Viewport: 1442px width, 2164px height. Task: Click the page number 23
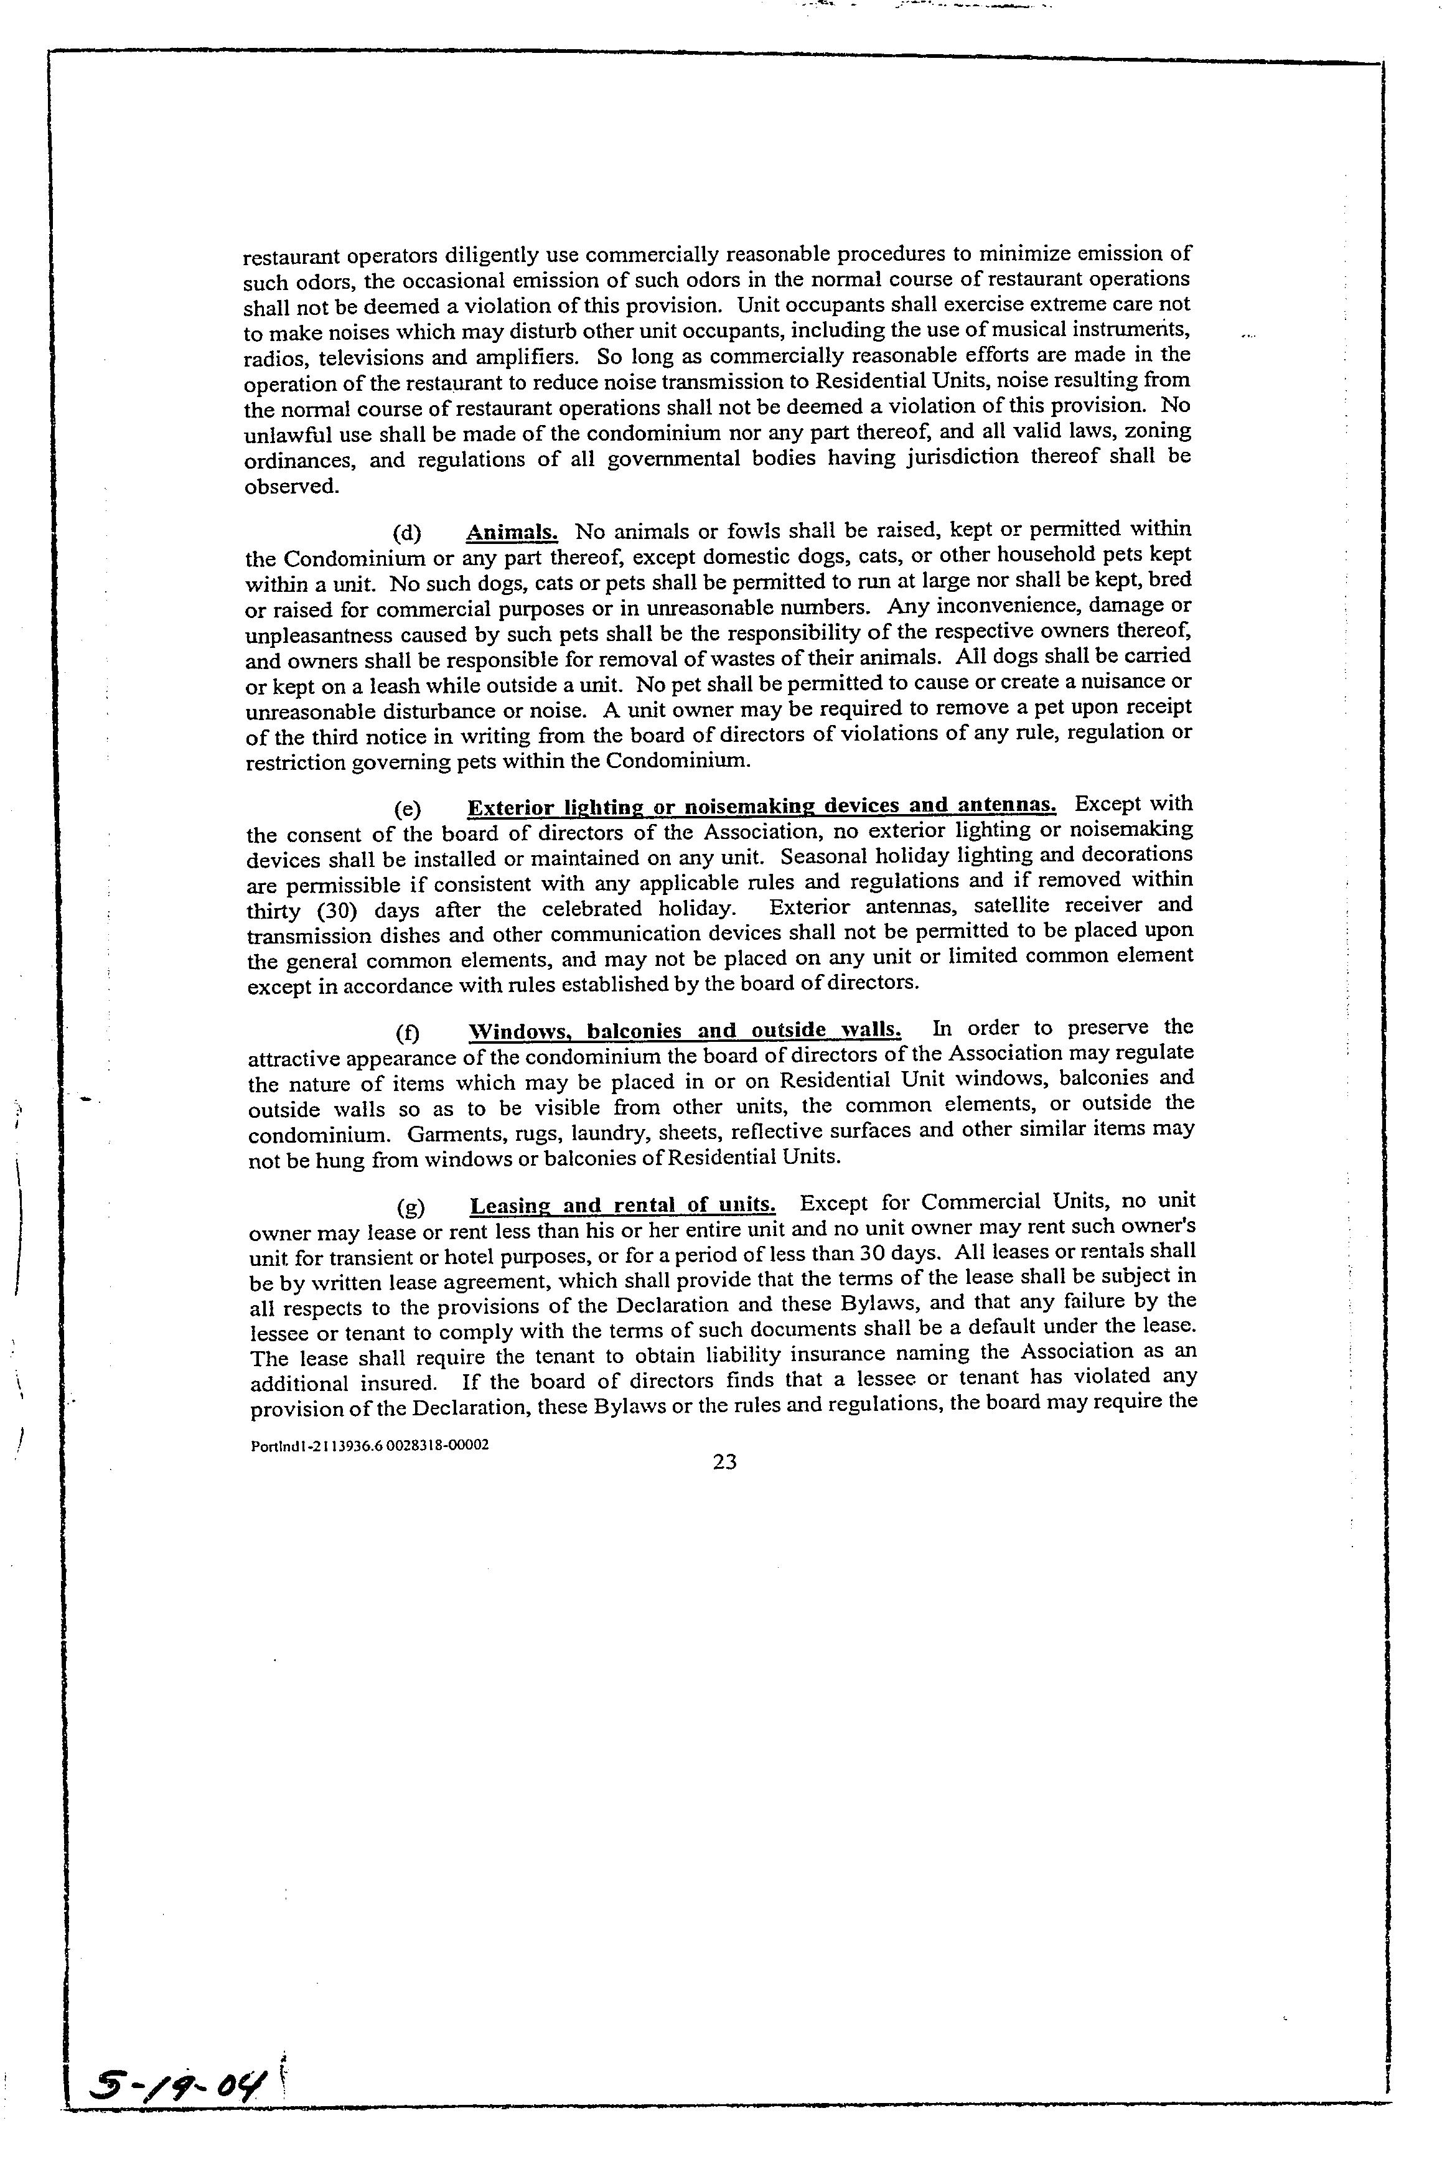click(x=724, y=1463)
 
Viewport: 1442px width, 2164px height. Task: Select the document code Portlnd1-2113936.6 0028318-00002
click(x=369, y=1445)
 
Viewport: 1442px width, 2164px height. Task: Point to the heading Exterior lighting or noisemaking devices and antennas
click(x=762, y=807)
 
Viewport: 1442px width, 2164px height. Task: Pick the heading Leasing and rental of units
click(x=622, y=1206)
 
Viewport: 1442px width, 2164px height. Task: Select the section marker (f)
click(x=406, y=1031)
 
